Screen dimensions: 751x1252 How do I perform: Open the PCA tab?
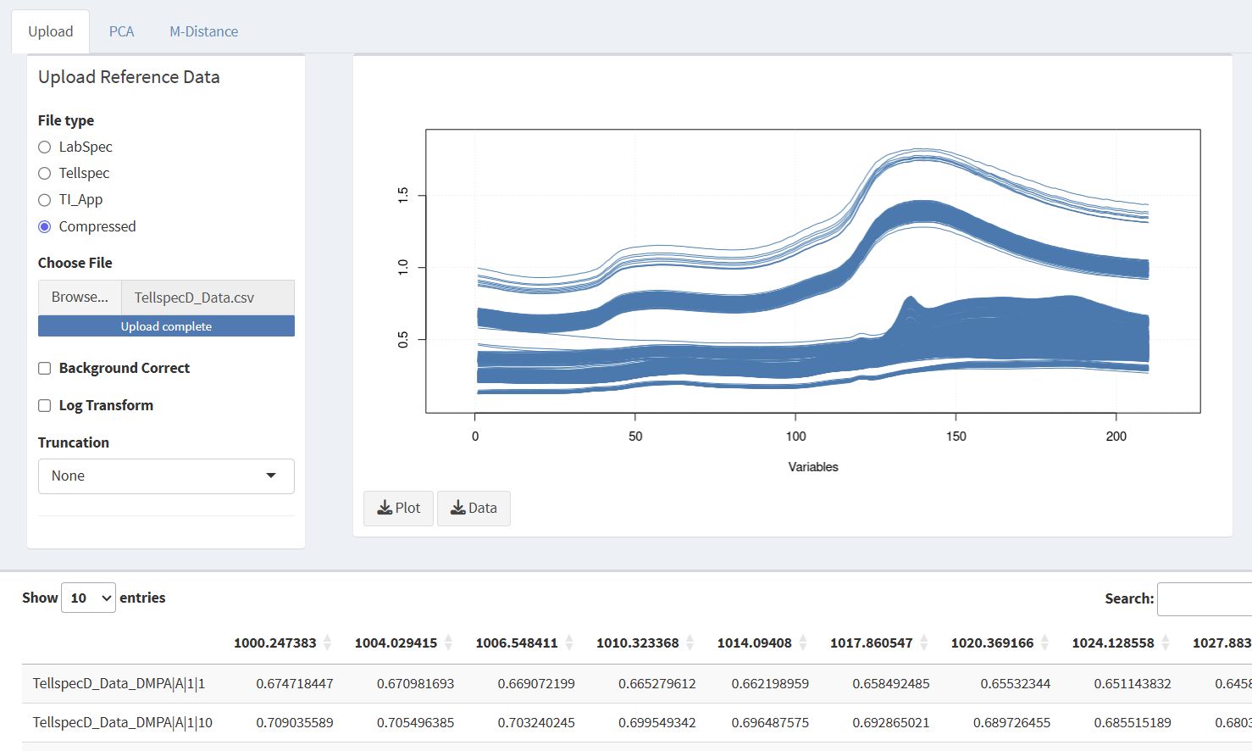(x=121, y=31)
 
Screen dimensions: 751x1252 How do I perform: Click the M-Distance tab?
(x=203, y=31)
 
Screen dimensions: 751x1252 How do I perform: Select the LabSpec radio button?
(x=45, y=147)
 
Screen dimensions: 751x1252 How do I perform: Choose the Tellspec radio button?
(x=45, y=174)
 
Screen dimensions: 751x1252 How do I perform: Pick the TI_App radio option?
(x=45, y=200)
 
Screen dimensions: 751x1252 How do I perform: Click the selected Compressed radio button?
(x=45, y=227)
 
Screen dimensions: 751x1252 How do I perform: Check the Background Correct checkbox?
(x=45, y=369)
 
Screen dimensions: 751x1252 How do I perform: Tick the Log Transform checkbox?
(x=45, y=406)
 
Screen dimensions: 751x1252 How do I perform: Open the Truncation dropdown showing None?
(x=166, y=476)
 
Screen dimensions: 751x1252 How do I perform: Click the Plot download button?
(x=398, y=509)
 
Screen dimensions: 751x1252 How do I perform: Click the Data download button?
(x=474, y=509)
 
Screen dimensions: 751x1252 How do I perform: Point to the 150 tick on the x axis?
(x=956, y=436)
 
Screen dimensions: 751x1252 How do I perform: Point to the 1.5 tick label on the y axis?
(x=403, y=195)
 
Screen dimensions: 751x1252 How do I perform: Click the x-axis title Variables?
(x=812, y=467)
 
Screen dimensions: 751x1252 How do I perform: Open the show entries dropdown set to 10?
(x=88, y=598)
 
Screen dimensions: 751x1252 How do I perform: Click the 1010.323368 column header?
(x=637, y=643)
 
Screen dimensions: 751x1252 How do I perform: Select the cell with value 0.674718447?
(x=295, y=684)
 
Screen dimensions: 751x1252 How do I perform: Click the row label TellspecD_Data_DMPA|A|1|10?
(x=123, y=723)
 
